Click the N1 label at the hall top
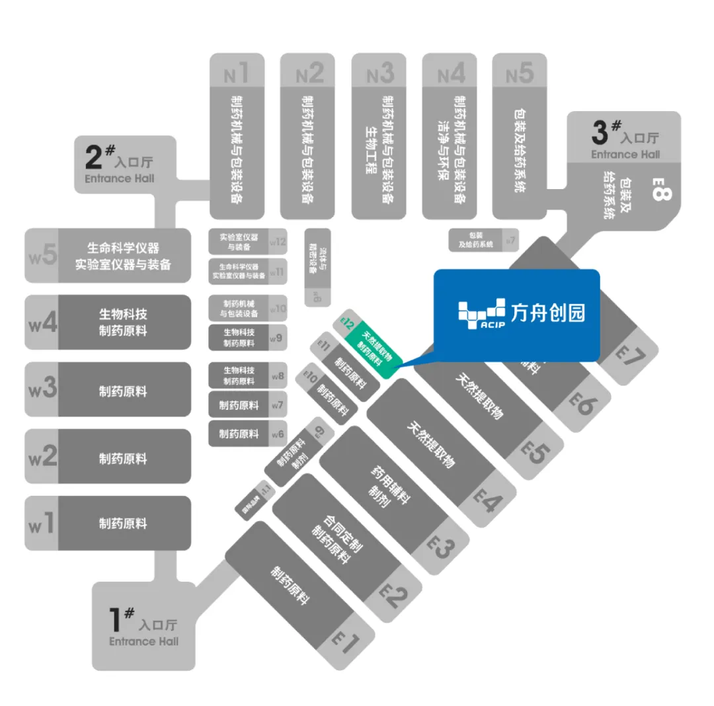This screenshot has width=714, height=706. (x=236, y=73)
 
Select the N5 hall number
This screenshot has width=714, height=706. (x=520, y=73)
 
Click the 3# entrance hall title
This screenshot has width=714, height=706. (x=625, y=135)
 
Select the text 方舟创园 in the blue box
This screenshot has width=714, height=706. (x=548, y=312)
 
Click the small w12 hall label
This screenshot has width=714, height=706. (x=278, y=241)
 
